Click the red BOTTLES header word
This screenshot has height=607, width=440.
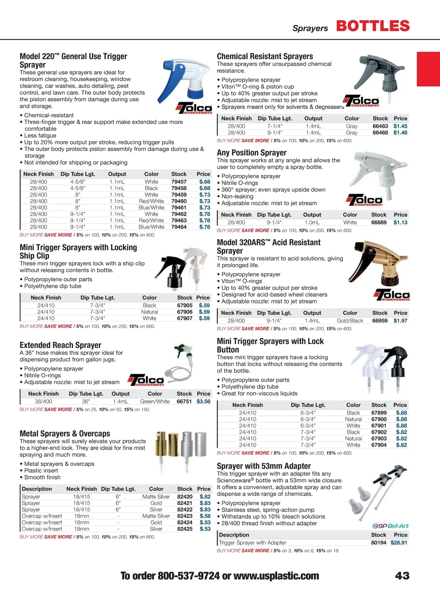point(373,26)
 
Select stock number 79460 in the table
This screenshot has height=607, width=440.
point(179,201)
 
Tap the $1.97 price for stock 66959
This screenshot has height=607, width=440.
point(400,321)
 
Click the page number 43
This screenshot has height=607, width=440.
point(402,575)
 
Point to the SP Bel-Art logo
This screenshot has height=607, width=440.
point(390,526)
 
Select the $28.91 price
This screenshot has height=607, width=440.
point(399,542)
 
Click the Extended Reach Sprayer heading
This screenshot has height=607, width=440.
point(60,345)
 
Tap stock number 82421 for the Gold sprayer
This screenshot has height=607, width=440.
point(184,503)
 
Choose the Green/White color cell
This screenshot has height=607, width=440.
point(155,401)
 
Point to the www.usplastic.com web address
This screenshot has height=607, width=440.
point(276,576)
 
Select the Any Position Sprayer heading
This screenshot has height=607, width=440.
point(252,153)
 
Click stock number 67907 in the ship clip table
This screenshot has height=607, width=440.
point(184,318)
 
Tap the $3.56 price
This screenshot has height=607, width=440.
point(203,401)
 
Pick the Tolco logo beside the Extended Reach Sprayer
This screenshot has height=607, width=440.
point(146,380)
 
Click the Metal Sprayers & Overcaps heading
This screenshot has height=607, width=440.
point(65,434)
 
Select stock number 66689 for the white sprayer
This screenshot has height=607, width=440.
point(378,222)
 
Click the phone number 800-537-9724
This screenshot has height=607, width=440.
point(188,576)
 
